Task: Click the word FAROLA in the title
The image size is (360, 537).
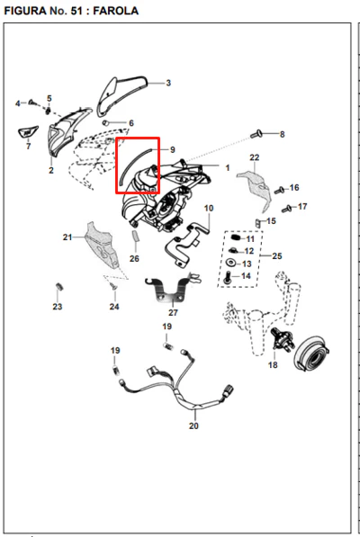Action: click(116, 11)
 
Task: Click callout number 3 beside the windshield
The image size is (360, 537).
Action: click(168, 83)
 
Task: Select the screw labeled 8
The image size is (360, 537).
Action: click(256, 134)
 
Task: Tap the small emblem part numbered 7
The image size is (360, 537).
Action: click(27, 132)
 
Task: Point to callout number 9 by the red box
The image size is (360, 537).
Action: click(172, 149)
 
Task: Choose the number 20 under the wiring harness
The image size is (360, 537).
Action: click(193, 425)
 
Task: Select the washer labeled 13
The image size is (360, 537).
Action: click(232, 263)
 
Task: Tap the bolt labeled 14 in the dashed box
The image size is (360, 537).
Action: click(227, 277)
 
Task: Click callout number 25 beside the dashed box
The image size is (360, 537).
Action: click(277, 255)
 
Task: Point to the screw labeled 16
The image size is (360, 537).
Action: click(280, 190)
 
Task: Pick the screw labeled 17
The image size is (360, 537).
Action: click(286, 208)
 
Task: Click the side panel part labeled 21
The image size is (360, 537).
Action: click(102, 246)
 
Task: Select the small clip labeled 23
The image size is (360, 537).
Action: click(58, 286)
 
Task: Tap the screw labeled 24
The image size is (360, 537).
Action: click(112, 285)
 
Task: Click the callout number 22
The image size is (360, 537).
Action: click(255, 157)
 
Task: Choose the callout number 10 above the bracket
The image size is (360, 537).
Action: click(209, 208)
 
